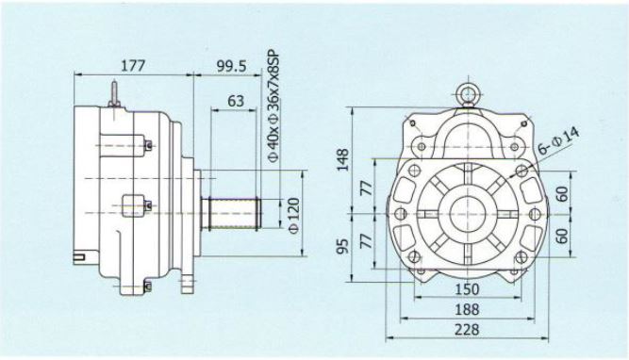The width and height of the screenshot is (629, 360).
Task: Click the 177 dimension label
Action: pos(133,65)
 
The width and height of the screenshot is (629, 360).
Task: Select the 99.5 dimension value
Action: pos(232,66)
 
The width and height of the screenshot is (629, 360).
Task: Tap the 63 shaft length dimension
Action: pos(236,100)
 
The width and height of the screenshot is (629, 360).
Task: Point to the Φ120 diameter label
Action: pos(293,215)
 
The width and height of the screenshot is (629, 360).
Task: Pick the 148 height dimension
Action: pos(343,159)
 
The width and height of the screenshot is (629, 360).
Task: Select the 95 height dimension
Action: pos(343,247)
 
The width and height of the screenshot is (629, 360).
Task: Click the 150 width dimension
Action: pos(467,289)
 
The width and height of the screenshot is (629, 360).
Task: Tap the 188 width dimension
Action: pos(467,309)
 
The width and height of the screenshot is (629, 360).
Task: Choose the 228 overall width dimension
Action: pos(467,330)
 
